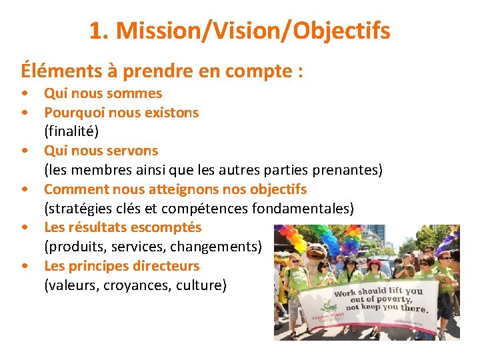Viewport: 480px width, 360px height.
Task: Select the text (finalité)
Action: pos(71,131)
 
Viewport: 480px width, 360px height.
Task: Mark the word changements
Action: pos(216,247)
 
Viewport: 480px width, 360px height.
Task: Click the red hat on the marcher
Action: pos(376,260)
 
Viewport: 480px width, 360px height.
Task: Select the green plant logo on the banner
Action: pos(329,307)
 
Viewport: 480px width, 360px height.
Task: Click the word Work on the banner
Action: pos(347,293)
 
